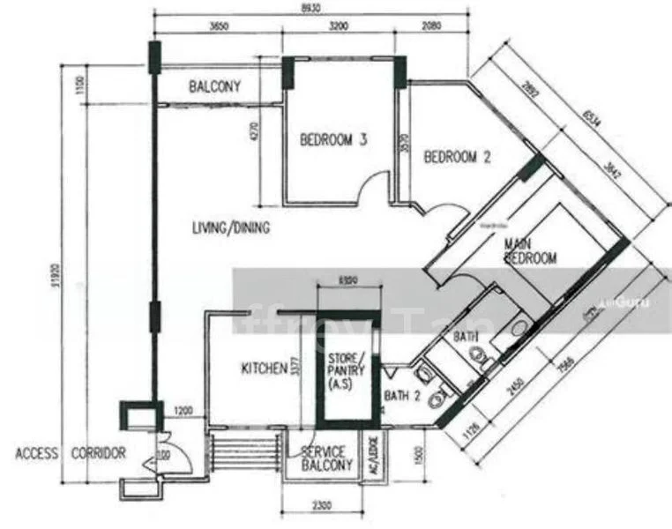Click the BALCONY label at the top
coord(215,86)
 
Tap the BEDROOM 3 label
coord(333,139)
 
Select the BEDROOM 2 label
coord(457,158)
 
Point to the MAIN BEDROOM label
coord(530,250)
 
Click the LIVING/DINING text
coord(231,227)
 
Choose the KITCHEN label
coord(264,368)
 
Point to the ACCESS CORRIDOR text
coord(71,453)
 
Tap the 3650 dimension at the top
coord(220,26)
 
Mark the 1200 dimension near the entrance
coord(183,411)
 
